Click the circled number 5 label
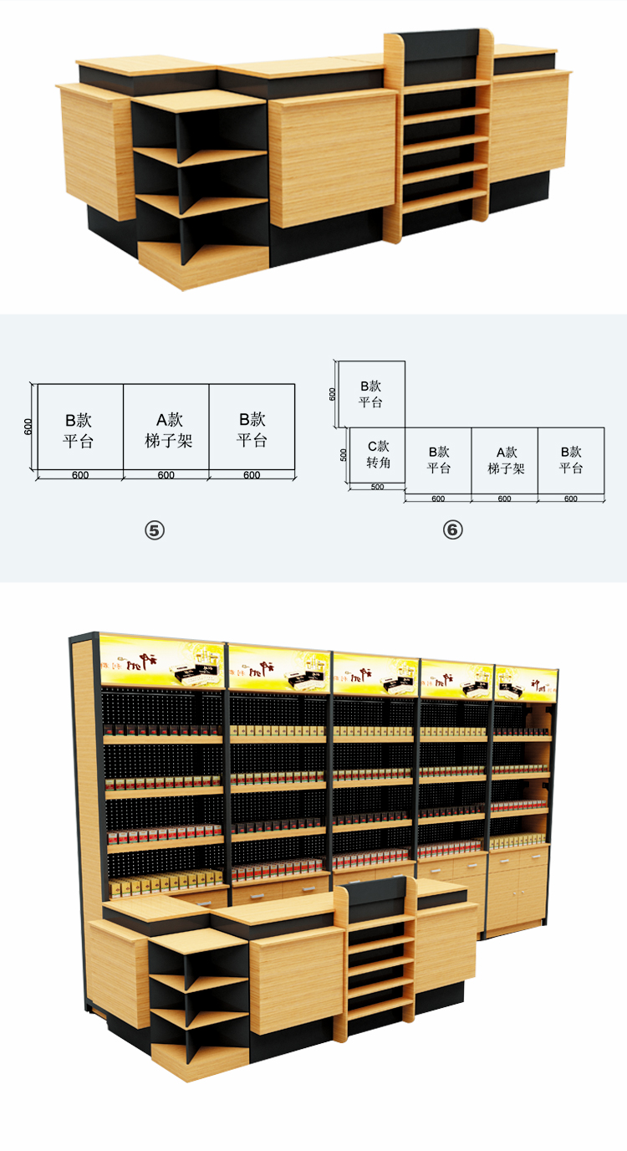155,529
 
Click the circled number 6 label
452,529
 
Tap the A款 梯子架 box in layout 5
167,430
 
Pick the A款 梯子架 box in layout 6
504,460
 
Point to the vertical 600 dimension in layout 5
28,427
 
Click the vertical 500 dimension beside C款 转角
344,455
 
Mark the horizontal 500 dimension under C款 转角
377,488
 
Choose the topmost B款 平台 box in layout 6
370,393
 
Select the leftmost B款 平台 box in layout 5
79,430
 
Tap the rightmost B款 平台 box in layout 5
252,430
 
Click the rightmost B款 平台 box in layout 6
571,460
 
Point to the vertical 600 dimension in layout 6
333,393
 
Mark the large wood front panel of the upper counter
332,159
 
